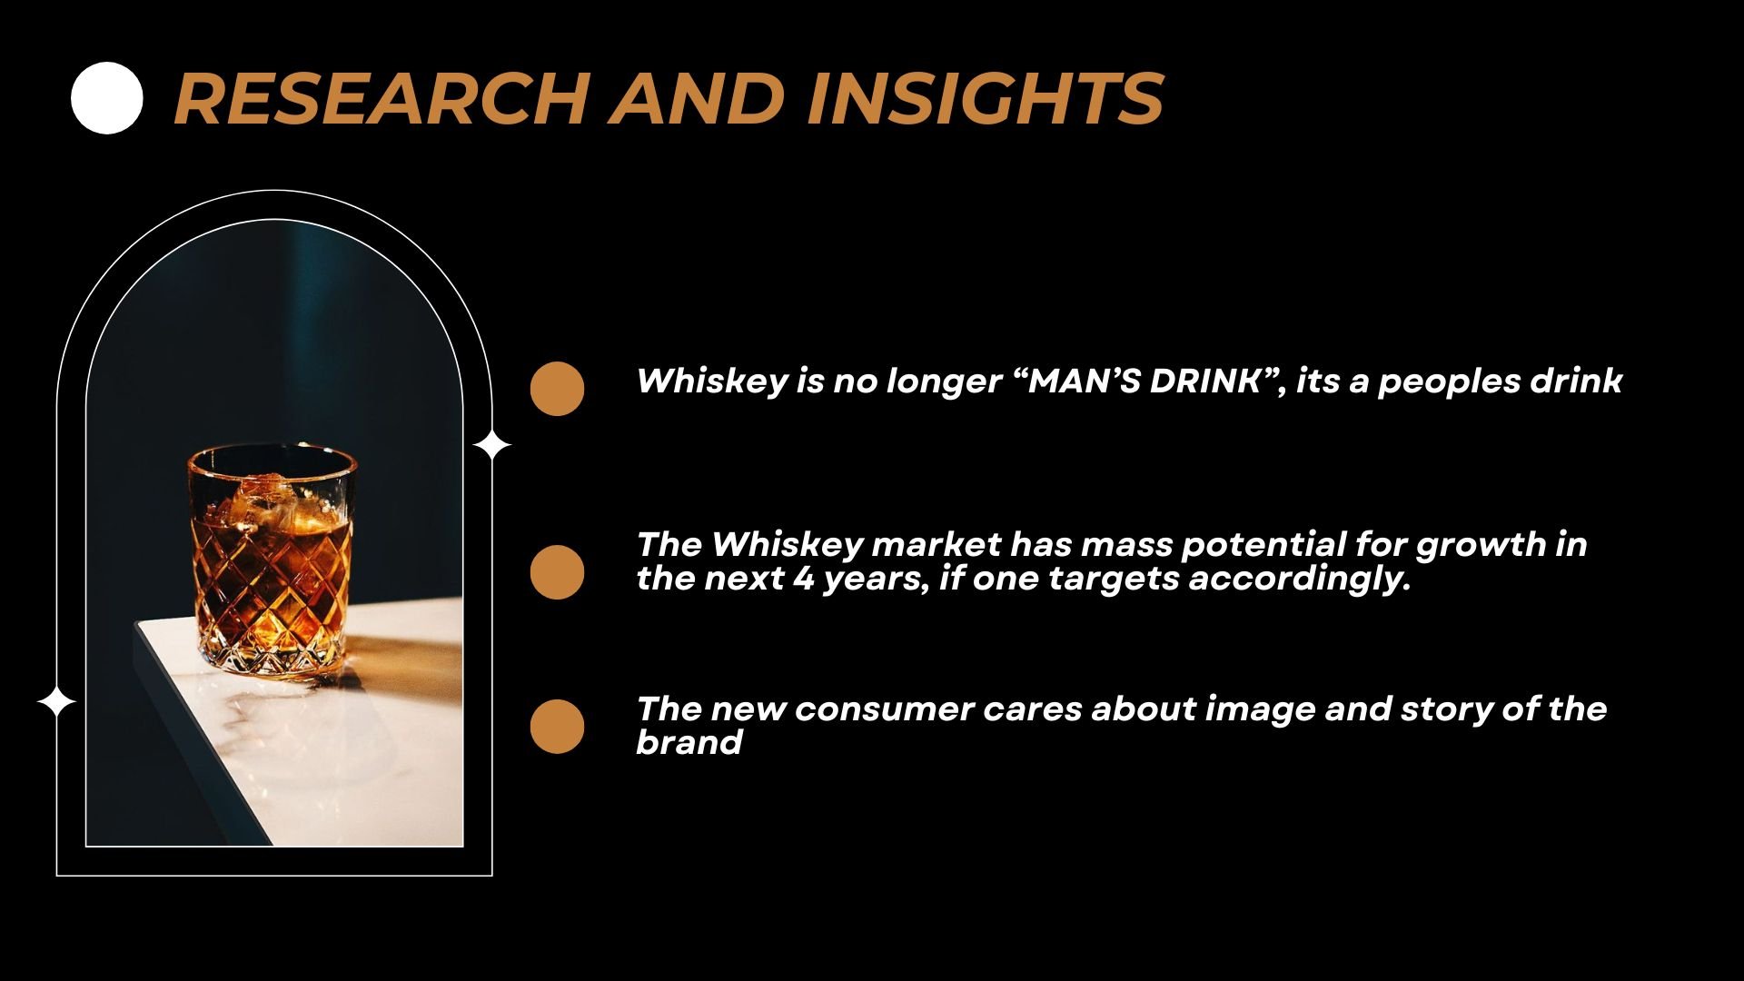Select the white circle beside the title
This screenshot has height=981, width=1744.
[x=107, y=98]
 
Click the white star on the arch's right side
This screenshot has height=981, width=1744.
[x=492, y=445]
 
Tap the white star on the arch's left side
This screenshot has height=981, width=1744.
[x=56, y=702]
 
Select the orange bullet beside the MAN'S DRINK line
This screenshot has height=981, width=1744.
[x=557, y=389]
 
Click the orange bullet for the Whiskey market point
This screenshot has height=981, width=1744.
[x=557, y=572]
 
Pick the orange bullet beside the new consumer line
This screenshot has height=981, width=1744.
[x=557, y=727]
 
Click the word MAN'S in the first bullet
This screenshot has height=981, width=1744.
[x=1081, y=381]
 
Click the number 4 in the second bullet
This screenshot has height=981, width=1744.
[x=803, y=579]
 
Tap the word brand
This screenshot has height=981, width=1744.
[x=689, y=743]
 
